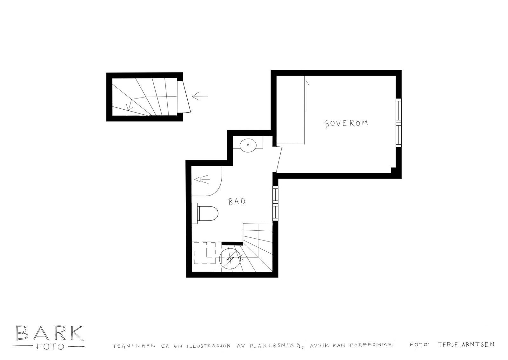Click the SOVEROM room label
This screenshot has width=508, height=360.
(346, 123)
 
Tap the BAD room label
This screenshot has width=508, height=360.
(237, 201)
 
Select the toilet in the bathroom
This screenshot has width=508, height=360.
(205, 214)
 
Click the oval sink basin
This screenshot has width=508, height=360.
(248, 145)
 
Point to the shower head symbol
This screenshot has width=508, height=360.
(202, 180)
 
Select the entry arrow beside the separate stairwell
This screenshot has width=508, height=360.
(200, 97)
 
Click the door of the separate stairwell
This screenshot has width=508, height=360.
(186, 97)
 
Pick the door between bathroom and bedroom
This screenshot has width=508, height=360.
(279, 159)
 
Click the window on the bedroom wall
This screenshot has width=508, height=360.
(399, 123)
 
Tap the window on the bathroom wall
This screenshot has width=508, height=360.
(275, 203)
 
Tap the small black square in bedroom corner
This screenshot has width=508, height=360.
(393, 170)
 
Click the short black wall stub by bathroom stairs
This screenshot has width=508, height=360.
(232, 244)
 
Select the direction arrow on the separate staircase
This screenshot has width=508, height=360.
(130, 105)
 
